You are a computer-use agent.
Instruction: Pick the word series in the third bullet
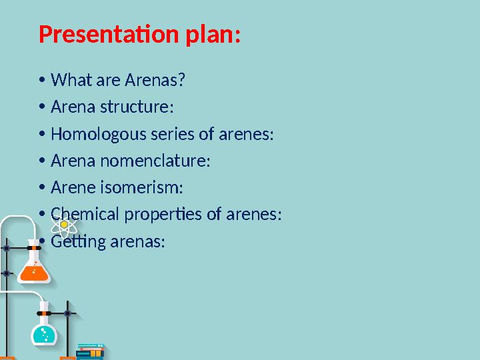171,134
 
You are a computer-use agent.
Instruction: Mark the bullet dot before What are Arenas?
42,81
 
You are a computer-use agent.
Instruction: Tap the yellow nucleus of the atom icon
64,226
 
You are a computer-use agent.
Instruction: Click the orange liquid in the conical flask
32,271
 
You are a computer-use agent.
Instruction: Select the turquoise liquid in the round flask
45,333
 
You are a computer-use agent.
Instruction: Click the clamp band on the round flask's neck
44,312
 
